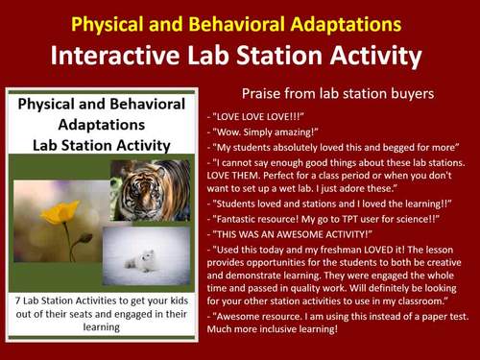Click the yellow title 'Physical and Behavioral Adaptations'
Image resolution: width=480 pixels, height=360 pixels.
click(239, 21)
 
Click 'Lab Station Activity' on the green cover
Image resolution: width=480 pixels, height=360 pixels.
click(93, 145)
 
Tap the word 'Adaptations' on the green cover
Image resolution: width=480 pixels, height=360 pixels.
click(93, 126)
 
